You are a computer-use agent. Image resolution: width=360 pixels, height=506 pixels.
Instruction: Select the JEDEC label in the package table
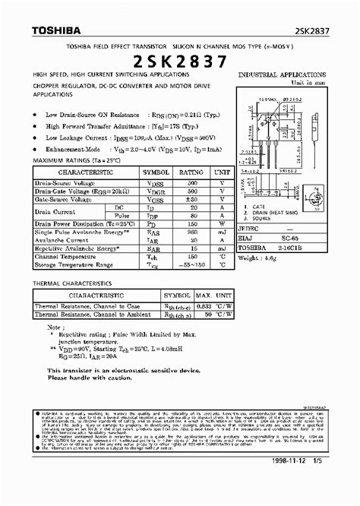(251, 226)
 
